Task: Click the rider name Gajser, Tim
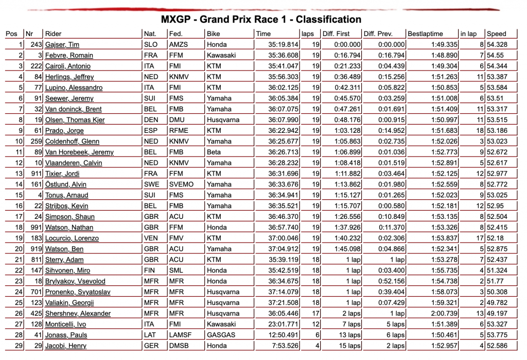pos(62,45)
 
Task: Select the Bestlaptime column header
pos(425,34)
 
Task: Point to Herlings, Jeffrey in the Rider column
pos(69,77)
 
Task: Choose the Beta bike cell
pos(214,152)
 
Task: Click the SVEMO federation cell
pos(181,184)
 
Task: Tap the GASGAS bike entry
pos(220,335)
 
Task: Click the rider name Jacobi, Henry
pos(66,346)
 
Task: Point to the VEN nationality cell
pos(151,238)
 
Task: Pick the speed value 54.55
pos(495,56)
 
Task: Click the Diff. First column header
pos(336,34)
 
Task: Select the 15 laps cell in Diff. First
pos(349,346)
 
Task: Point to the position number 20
pos(19,249)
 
